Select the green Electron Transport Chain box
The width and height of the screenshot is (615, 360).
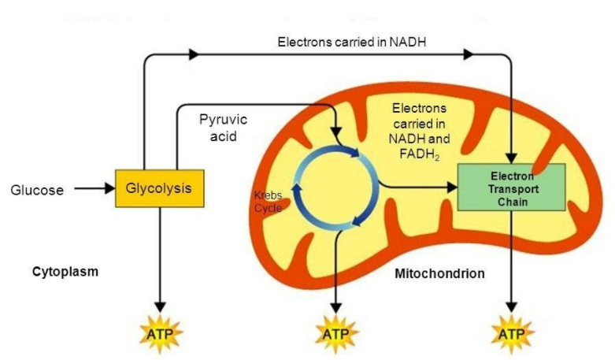(511, 187)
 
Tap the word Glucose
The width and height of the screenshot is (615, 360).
(37, 190)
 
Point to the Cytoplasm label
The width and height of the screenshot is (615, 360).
(65, 272)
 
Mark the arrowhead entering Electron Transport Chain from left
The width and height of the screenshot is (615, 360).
(451, 187)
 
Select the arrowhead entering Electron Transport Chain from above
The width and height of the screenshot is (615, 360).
(513, 157)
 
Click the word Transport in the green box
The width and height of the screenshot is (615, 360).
(512, 188)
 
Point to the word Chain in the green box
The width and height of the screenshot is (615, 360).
(512, 202)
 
